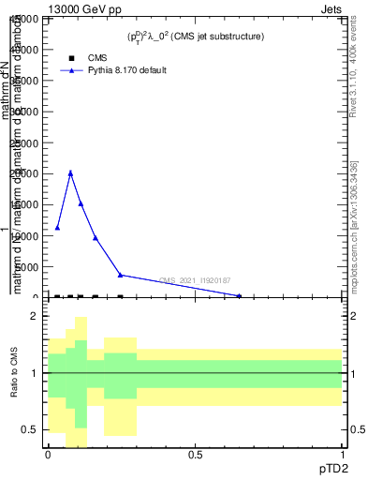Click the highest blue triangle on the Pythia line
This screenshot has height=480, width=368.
point(70,172)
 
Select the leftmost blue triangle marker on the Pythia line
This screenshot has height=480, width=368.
point(57,227)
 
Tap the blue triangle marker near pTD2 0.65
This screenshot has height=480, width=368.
point(239,295)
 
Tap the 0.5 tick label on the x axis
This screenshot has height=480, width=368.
point(195,455)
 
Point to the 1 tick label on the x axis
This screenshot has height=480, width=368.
point(343,455)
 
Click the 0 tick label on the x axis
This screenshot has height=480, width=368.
point(48,455)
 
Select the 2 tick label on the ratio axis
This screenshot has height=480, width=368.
point(33,317)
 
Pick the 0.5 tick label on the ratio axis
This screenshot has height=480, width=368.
point(29,429)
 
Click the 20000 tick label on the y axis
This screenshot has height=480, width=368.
point(27,173)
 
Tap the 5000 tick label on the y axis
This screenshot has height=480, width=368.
point(30,267)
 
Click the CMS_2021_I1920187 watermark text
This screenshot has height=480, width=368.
point(195,280)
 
